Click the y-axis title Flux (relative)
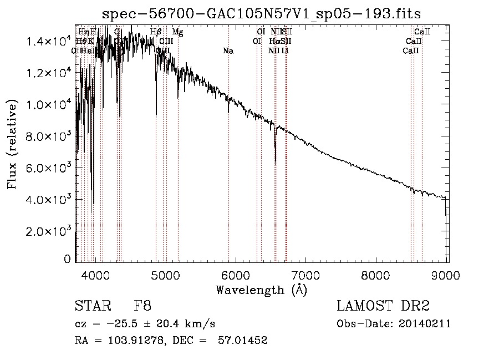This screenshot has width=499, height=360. [13, 144]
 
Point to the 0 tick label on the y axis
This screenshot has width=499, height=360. [68, 259]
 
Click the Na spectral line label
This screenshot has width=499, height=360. [228, 51]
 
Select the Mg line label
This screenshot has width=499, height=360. [177, 32]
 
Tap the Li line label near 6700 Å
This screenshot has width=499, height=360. [285, 51]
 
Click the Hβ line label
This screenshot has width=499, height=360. [156, 32]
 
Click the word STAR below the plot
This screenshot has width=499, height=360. [91, 306]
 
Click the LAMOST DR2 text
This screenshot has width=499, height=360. [383, 306]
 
